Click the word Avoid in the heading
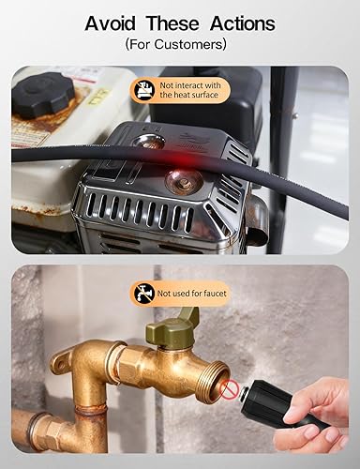pos(114,23)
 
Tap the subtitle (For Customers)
pos(180,44)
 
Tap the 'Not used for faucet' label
pos(191,294)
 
